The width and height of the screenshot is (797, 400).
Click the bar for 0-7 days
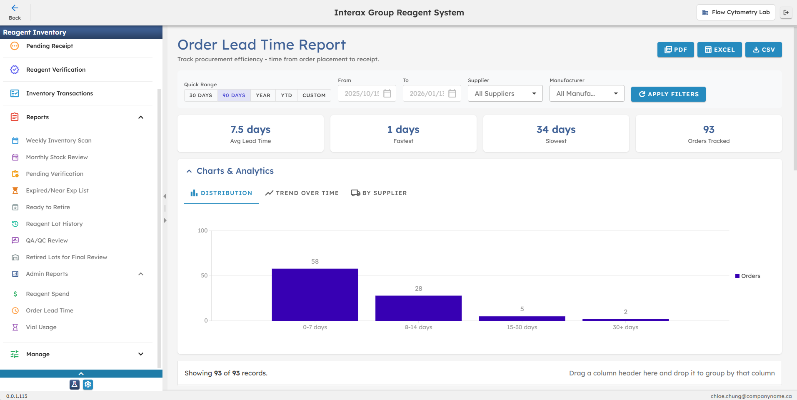click(315, 295)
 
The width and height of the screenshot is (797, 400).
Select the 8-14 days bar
click(418, 308)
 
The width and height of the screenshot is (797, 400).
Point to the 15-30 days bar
click(522, 318)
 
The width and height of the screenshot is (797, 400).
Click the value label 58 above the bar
click(315, 262)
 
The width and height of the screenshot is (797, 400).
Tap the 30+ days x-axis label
click(625, 327)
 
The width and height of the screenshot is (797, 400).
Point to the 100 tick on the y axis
click(202, 231)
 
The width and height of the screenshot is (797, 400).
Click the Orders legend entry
click(748, 276)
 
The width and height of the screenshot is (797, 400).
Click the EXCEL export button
click(720, 50)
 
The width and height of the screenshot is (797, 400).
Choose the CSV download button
click(763, 50)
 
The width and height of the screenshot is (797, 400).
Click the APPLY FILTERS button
click(668, 94)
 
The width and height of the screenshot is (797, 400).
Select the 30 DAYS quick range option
click(201, 95)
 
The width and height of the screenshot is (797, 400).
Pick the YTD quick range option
click(286, 95)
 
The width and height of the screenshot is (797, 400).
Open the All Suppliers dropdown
click(505, 94)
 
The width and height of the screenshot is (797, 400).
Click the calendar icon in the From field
click(387, 93)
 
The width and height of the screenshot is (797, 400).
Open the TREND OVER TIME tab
click(302, 193)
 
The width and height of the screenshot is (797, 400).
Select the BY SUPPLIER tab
click(379, 193)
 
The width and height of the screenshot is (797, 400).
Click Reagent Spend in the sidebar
click(47, 294)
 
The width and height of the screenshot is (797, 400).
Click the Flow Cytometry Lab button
click(736, 12)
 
